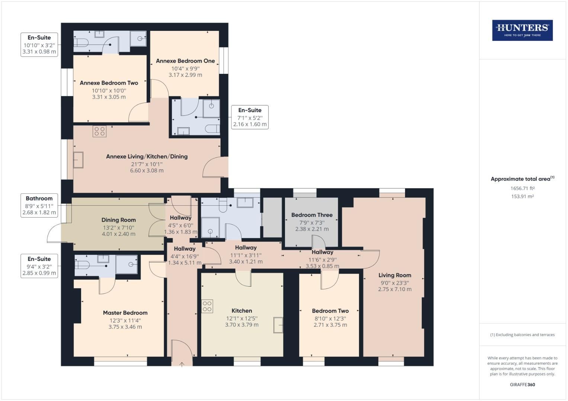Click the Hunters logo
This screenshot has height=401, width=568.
click(x=522, y=30)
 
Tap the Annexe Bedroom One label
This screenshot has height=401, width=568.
click(x=185, y=61)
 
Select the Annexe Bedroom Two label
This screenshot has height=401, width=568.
click(x=109, y=83)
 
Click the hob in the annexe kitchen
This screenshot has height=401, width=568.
click(x=100, y=131)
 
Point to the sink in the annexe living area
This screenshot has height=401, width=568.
click(x=78, y=160)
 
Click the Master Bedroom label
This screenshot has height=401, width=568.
click(x=125, y=313)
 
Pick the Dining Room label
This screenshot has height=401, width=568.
click(x=119, y=220)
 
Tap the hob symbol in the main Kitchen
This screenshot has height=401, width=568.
click(x=207, y=306)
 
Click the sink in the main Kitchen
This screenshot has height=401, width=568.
click(x=278, y=325)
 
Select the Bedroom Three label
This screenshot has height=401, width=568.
click(x=312, y=215)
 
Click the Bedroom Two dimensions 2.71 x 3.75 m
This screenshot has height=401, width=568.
click(x=330, y=325)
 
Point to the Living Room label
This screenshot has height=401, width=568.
click(x=395, y=275)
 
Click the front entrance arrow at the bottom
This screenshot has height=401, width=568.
click(x=182, y=364)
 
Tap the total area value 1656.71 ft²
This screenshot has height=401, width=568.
click(x=522, y=188)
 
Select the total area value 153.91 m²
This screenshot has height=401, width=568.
click(x=522, y=196)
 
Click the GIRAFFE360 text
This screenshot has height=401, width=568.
click(x=522, y=385)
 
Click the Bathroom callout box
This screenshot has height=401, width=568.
click(x=39, y=205)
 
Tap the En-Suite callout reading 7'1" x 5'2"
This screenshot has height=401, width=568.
click(x=250, y=117)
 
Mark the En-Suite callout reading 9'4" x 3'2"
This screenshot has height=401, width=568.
click(x=39, y=266)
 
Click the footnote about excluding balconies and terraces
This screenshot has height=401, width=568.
click(x=522, y=335)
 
